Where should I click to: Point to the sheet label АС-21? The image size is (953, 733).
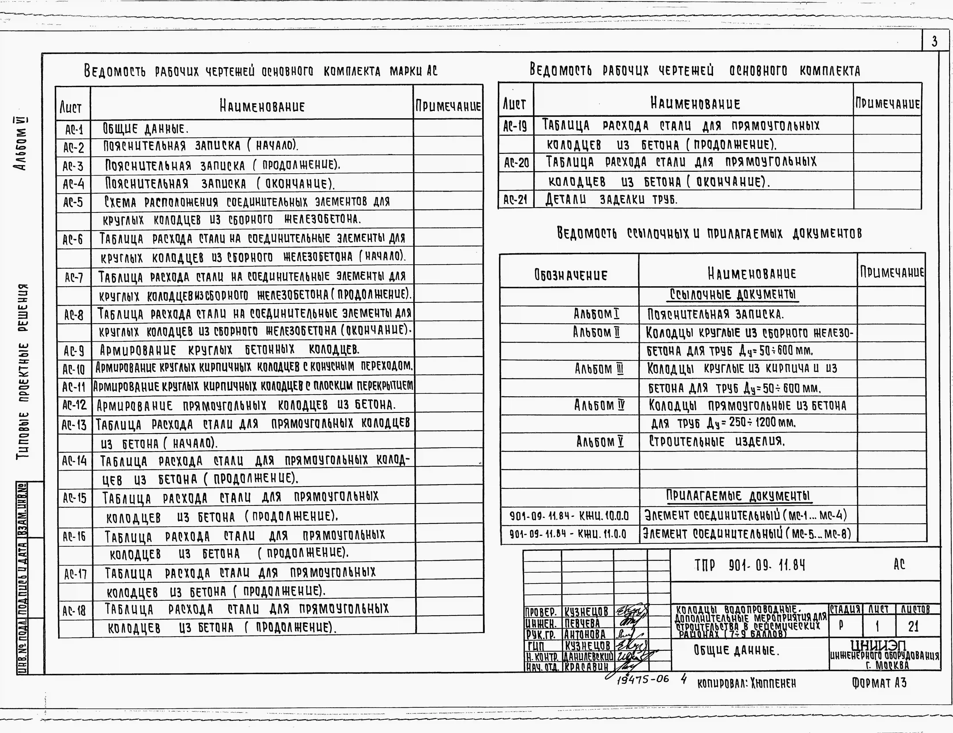[x=515, y=200]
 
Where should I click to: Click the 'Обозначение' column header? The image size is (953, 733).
[x=570, y=275]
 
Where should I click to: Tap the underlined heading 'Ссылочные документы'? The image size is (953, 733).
[x=734, y=295]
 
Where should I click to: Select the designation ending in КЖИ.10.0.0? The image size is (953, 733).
[x=569, y=516]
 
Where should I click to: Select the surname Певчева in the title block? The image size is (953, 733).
[x=582, y=623]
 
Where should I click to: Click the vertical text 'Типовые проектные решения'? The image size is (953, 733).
[x=23, y=371]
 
